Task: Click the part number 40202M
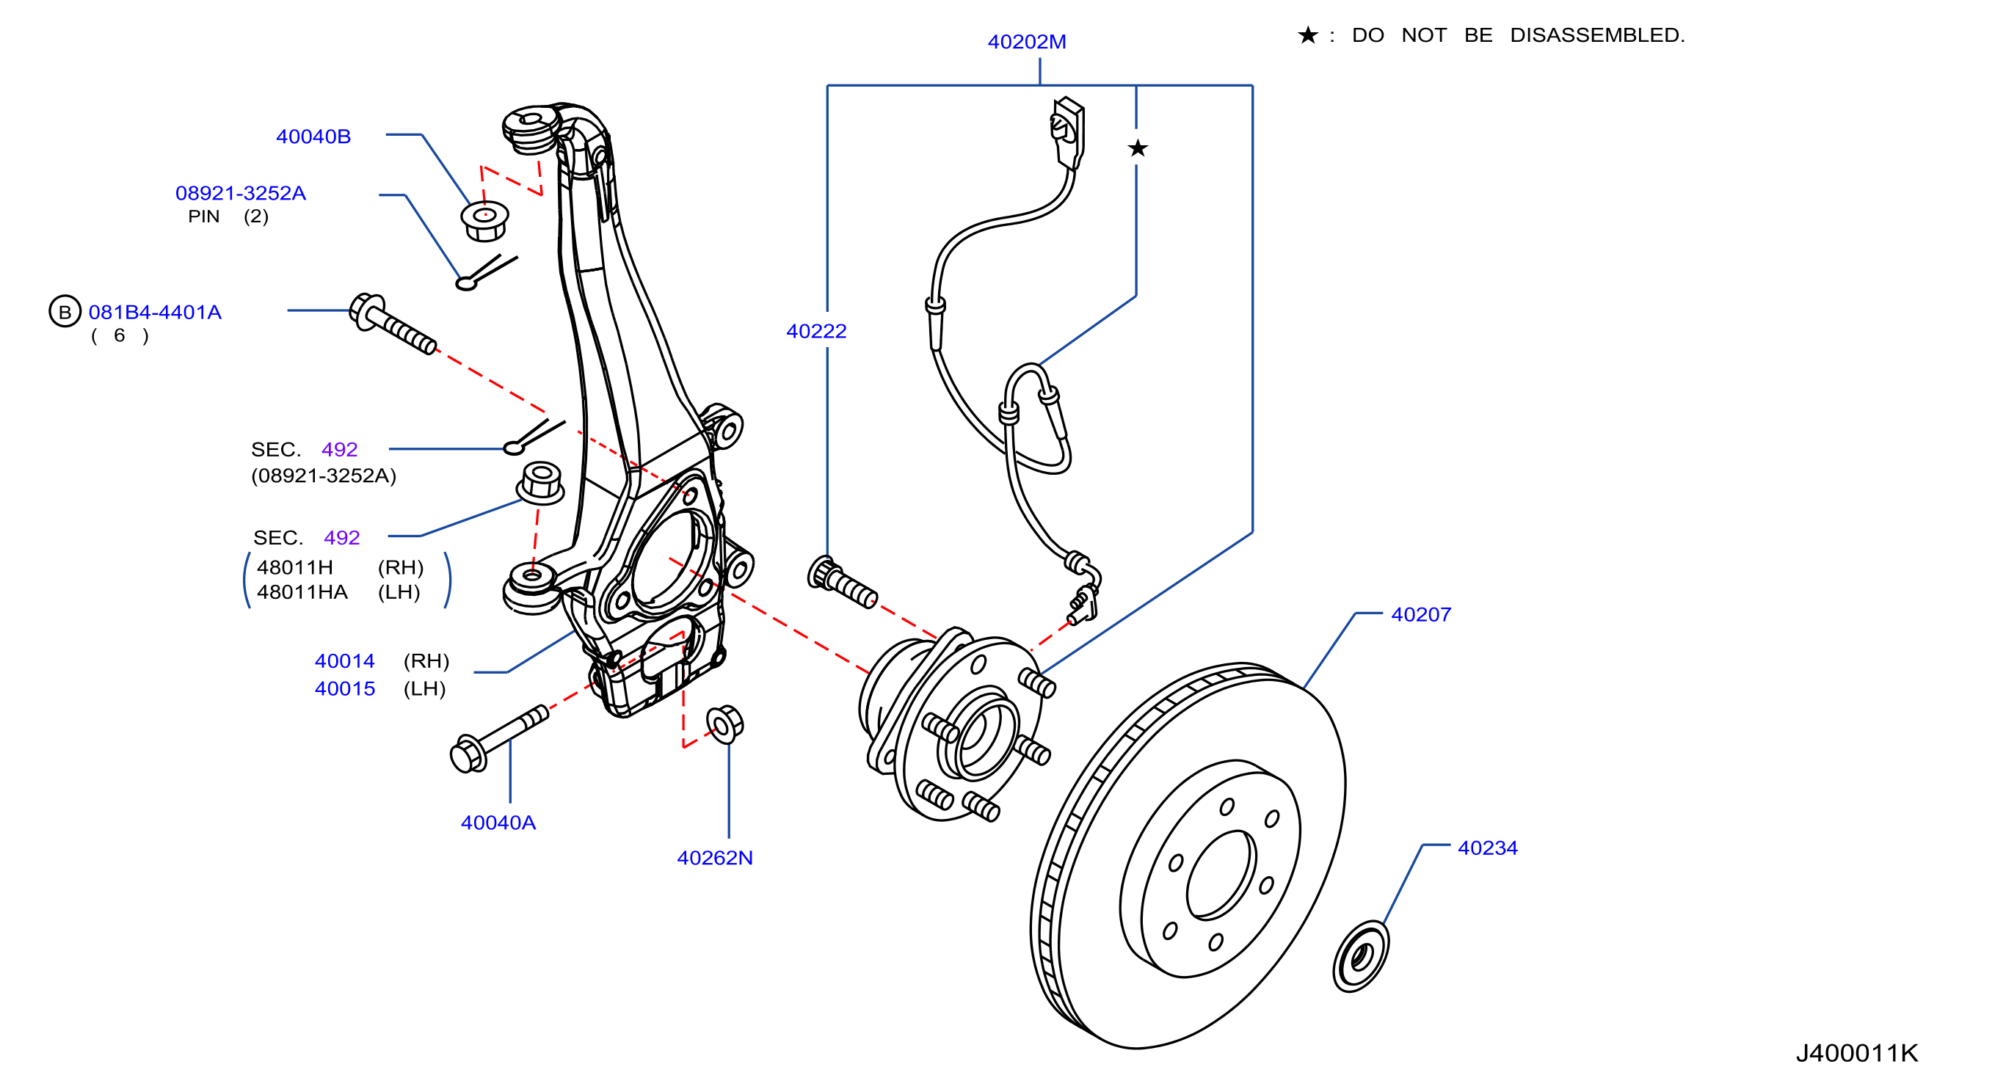coord(1026,42)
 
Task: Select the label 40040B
coord(313,136)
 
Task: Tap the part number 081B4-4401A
coord(155,312)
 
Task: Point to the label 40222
coord(816,331)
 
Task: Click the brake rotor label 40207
coord(1421,614)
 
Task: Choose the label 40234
coord(1488,848)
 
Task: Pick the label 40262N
coord(715,857)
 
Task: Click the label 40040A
coord(498,823)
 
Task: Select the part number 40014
coord(345,660)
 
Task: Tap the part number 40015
coord(345,688)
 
